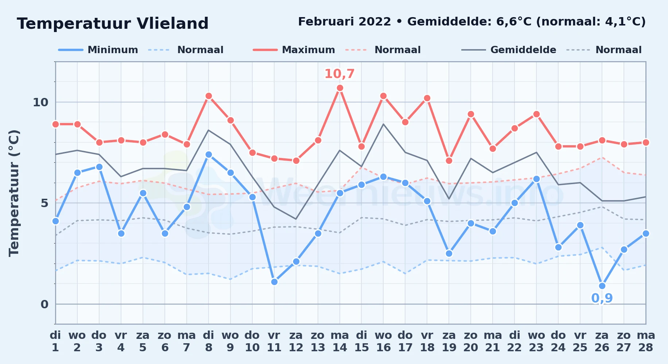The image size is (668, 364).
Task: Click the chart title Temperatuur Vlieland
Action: click(x=113, y=24)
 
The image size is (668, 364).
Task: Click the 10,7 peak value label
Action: click(x=339, y=74)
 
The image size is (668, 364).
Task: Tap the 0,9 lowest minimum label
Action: click(x=602, y=298)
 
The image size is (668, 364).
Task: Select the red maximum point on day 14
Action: click(x=340, y=88)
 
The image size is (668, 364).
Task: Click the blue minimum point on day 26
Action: click(x=602, y=286)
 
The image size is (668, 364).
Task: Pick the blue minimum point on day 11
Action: click(x=274, y=282)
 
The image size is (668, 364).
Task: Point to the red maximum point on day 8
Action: click(x=209, y=96)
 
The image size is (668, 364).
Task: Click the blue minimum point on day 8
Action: click(x=209, y=154)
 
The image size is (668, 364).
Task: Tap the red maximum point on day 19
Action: click(x=449, y=161)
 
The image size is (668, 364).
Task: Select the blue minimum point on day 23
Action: click(x=536, y=179)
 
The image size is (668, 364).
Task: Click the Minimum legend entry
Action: click(x=98, y=50)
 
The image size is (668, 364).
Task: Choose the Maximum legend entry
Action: click(x=294, y=50)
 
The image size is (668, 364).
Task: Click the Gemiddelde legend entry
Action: click(x=509, y=50)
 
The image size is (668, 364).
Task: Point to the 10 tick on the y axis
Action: click(x=40, y=102)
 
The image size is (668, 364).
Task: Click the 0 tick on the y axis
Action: click(x=44, y=304)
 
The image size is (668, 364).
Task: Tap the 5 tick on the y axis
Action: click(x=44, y=203)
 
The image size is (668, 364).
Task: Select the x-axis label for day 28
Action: click(x=646, y=341)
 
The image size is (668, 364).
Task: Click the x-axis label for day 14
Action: click(x=340, y=341)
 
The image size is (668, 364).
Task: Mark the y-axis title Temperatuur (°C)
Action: click(x=14, y=193)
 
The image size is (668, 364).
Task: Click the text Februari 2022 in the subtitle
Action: click(x=345, y=22)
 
